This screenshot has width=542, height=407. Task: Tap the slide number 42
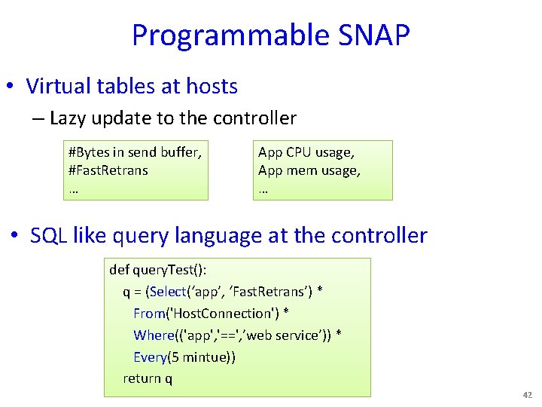pyautogui.click(x=526, y=395)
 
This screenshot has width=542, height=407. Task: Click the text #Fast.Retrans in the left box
pyautogui.click(x=108, y=170)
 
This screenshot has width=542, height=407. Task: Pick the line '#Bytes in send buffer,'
pyautogui.click(x=135, y=152)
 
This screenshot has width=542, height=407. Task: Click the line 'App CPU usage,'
pyautogui.click(x=306, y=152)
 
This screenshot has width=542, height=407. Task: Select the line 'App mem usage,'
pyautogui.click(x=309, y=170)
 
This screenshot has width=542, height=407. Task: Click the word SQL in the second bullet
pyautogui.click(x=48, y=235)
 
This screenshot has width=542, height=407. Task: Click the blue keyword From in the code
pyautogui.click(x=150, y=313)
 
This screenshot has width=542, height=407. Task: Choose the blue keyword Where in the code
pyautogui.click(x=153, y=335)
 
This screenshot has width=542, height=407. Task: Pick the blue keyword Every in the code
pyautogui.click(x=151, y=357)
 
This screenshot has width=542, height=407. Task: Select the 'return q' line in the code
pyautogui.click(x=148, y=378)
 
